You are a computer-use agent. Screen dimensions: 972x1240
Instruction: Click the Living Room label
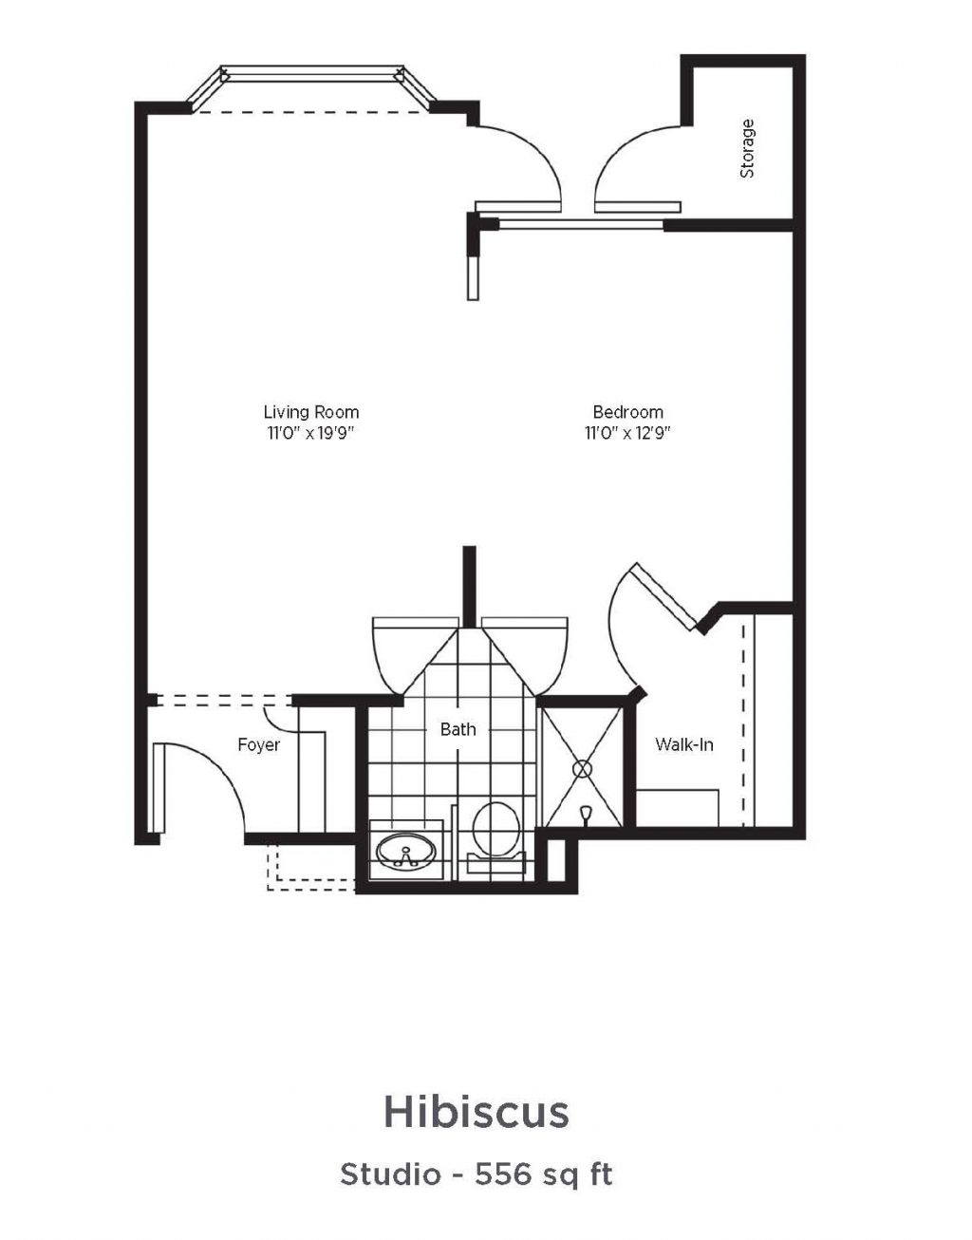tap(311, 412)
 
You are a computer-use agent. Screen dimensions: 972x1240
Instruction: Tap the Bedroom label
tap(628, 412)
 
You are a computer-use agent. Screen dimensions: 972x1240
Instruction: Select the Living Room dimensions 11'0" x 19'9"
tap(311, 433)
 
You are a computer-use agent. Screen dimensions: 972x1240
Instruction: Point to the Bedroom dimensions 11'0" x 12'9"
tap(626, 433)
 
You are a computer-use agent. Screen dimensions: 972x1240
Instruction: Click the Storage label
tap(747, 148)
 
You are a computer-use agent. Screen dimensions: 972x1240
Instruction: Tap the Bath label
tap(458, 728)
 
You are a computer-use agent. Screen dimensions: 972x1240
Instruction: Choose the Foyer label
tap(259, 744)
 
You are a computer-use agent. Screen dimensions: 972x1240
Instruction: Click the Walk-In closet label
tap(684, 744)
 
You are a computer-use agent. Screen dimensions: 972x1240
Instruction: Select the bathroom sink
tap(406, 851)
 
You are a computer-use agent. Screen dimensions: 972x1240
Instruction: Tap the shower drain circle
tap(582, 769)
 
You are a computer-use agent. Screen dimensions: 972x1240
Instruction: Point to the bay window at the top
tap(312, 88)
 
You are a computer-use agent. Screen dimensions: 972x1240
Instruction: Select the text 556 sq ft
tap(544, 1174)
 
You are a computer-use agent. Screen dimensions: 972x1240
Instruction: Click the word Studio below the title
tap(391, 1174)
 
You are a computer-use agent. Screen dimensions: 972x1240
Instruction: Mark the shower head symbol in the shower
tap(585, 812)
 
